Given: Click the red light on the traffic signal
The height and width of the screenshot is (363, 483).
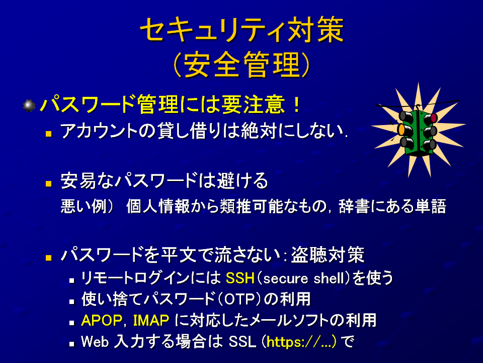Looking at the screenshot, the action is coord(434,117).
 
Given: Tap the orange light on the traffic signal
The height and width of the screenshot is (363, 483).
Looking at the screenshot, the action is coord(401,130).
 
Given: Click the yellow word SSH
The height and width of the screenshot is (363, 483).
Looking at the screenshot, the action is coord(240,278).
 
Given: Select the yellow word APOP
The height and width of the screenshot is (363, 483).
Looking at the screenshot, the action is coord(102,321).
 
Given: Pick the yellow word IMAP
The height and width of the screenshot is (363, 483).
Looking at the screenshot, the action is coord(151,321).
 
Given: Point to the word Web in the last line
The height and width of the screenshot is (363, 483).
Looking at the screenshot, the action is coord(95,342).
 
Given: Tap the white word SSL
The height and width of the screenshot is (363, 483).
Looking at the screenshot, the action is coord(243,342).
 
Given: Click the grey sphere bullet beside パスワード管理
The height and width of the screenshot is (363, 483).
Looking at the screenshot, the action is coord(29,105).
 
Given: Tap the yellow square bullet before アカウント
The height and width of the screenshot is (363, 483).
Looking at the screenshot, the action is coord(48,134).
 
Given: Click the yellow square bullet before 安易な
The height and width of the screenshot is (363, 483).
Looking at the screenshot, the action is coord(48,184).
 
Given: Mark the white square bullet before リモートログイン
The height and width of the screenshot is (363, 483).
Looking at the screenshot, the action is coord(72,281).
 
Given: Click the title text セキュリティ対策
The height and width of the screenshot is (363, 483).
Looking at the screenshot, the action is coord(242,30).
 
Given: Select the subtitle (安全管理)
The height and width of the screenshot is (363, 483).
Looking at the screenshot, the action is coord(242,65).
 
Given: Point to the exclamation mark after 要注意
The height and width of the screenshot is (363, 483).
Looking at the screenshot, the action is coord(297,104).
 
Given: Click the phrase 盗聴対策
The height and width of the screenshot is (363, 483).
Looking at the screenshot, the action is coord(328,255).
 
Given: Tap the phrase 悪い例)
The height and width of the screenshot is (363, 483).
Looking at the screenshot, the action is coord(88,206).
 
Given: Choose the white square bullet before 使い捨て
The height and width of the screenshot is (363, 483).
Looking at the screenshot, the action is coord(72,301).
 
